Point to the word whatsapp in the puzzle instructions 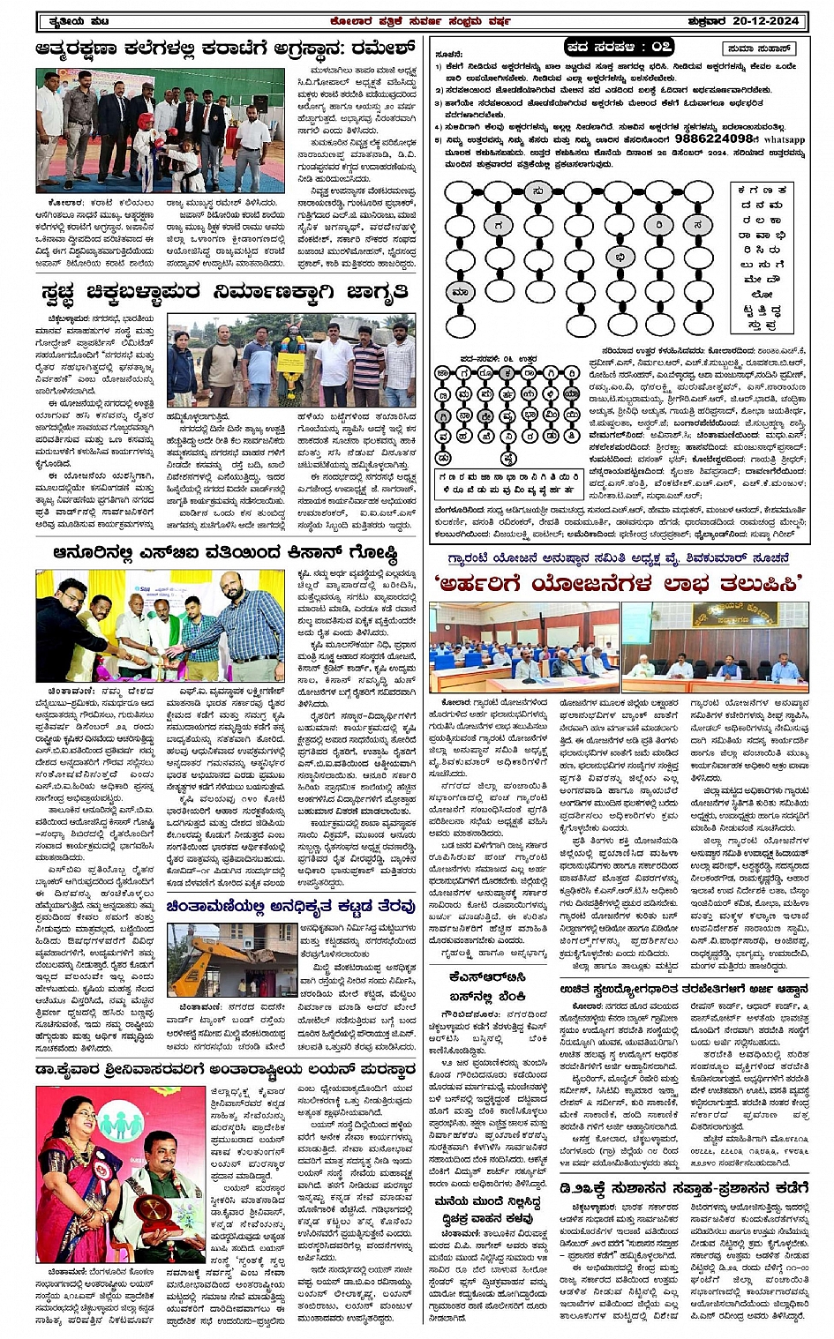tap(784, 139)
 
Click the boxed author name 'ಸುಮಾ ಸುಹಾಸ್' tap(758, 49)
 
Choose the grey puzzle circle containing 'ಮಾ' tap(460, 292)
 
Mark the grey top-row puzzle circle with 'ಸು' tap(537, 191)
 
